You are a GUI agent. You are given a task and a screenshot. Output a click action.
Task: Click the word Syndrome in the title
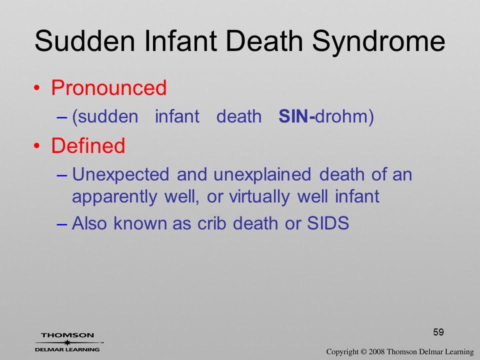pyautogui.click(x=378, y=42)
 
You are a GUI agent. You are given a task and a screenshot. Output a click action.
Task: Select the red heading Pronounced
pyautogui.click(x=108, y=87)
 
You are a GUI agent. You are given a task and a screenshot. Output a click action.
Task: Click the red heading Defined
pyautogui.click(x=88, y=145)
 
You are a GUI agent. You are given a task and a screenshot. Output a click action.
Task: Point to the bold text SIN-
pyautogui.click(x=296, y=116)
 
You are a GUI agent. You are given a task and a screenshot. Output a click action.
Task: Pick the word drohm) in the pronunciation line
pyautogui.click(x=344, y=116)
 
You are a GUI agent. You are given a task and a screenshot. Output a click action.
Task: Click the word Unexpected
pyautogui.click(x=120, y=175)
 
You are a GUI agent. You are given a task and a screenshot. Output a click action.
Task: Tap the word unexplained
pyautogui.click(x=262, y=175)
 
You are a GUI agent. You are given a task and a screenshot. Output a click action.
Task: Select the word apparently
pyautogui.click(x=114, y=197)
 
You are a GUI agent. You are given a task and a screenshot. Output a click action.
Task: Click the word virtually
pyautogui.click(x=259, y=197)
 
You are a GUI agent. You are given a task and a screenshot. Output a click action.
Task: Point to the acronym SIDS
pyautogui.click(x=328, y=223)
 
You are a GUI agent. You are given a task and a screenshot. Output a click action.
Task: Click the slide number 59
pyautogui.click(x=438, y=332)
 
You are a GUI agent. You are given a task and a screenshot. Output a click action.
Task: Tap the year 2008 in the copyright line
pyautogui.click(x=377, y=351)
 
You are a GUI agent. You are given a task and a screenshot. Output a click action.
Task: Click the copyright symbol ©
pyautogui.click(x=363, y=352)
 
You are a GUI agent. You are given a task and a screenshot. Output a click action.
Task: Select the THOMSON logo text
pyautogui.click(x=67, y=335)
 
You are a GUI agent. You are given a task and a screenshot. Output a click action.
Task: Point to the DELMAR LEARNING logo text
pyautogui.click(x=67, y=349)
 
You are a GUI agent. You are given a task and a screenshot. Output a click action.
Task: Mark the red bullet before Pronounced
pyautogui.click(x=36, y=88)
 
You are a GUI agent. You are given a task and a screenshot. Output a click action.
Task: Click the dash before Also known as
pyautogui.click(x=61, y=224)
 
